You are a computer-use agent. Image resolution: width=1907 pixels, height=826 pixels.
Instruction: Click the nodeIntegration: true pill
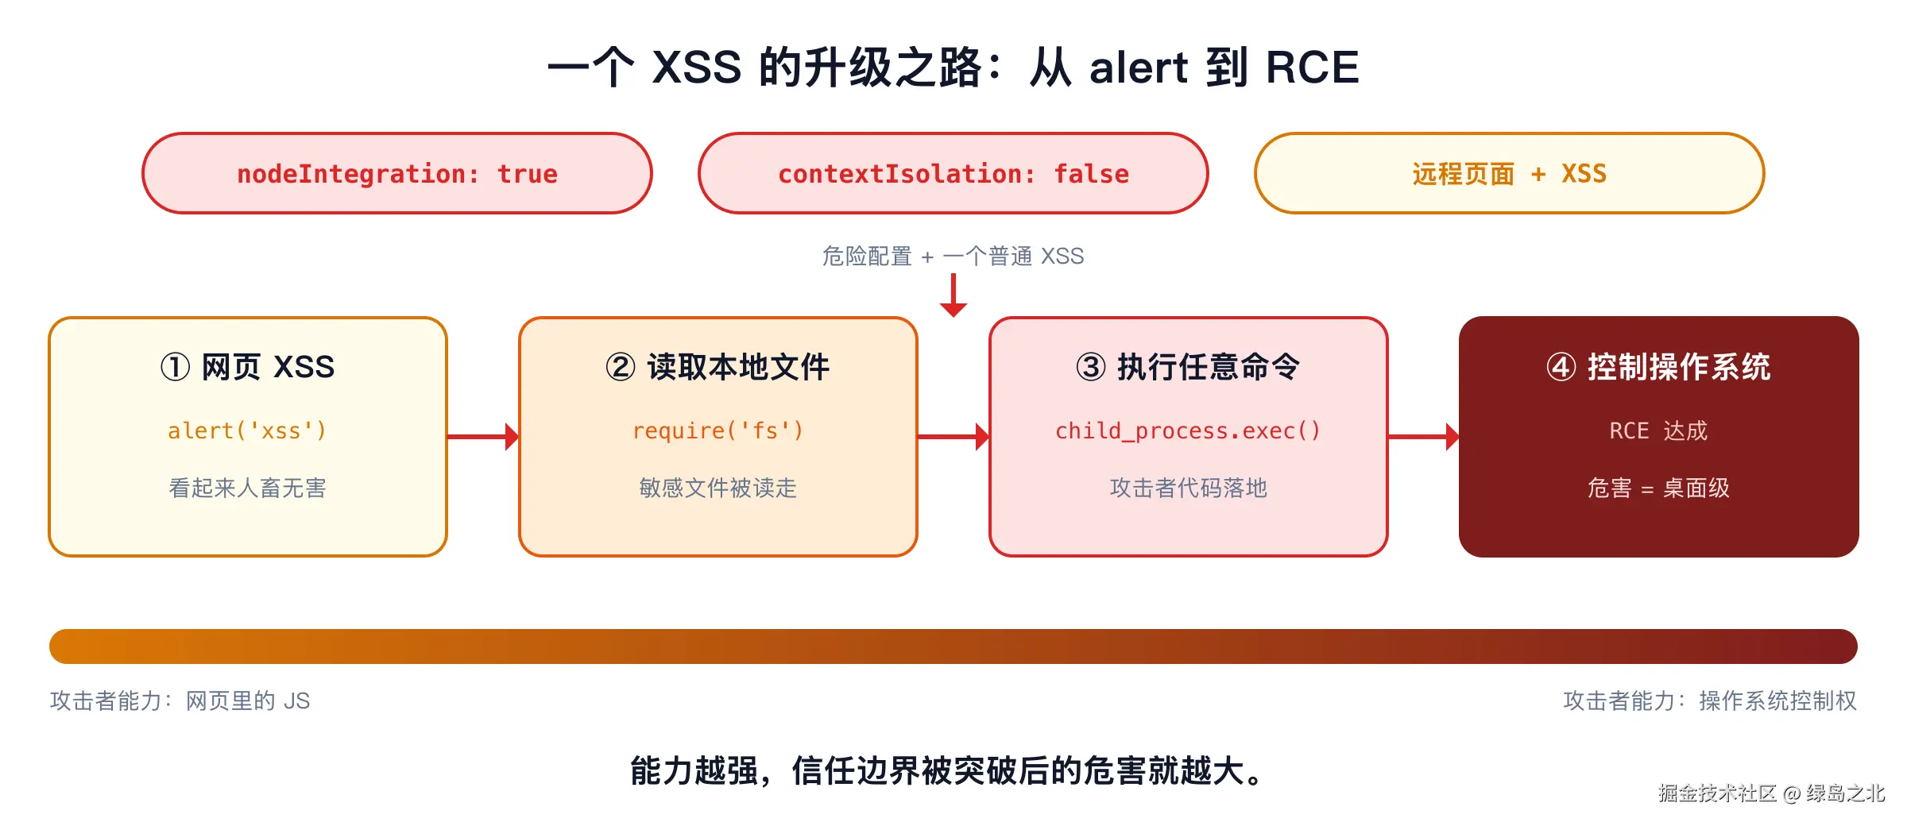397,173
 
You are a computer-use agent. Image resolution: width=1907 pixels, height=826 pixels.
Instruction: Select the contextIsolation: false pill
953,173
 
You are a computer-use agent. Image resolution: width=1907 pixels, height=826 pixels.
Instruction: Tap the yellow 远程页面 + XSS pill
1510,173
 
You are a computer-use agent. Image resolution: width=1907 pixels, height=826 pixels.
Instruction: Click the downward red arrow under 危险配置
953,295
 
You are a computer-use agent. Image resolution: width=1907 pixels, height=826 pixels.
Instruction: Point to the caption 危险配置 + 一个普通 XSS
953,256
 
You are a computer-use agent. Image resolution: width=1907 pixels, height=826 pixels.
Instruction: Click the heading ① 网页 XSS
247,367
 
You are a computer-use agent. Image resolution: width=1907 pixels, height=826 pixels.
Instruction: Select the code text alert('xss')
247,430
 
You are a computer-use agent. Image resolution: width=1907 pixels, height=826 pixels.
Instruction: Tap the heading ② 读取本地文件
718,367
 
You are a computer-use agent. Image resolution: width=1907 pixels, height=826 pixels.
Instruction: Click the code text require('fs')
718,430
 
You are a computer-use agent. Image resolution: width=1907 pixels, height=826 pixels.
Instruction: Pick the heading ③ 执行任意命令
1188,367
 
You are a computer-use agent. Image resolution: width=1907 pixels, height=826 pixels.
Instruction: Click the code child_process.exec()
1188,430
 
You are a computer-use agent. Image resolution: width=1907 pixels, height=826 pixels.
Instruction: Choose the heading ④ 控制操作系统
1658,367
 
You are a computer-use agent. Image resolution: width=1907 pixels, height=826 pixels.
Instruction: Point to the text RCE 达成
1658,430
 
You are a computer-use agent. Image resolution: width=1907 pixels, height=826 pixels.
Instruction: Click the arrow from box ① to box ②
483,436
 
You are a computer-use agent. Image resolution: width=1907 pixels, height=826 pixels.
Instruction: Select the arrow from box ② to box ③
953,436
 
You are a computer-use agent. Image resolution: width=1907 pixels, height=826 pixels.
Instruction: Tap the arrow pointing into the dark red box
1424,436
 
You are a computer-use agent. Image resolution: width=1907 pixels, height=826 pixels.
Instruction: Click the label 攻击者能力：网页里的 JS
180,701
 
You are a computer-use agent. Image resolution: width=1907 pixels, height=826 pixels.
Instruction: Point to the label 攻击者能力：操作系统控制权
1710,701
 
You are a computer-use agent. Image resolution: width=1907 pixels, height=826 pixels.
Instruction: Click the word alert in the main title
1138,67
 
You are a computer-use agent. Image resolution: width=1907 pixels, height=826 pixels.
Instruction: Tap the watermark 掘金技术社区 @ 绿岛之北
1771,793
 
